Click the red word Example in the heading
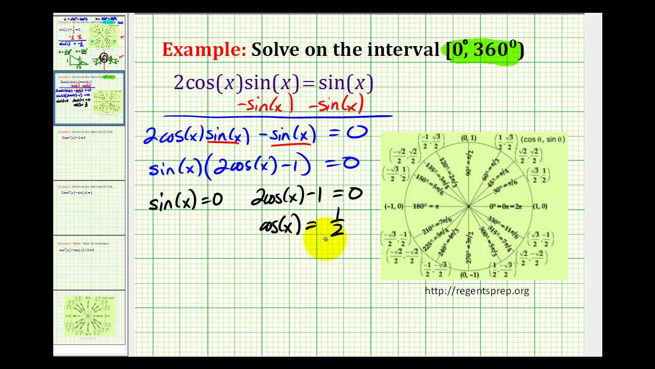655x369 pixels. (x=203, y=50)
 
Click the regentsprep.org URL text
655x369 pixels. (x=477, y=291)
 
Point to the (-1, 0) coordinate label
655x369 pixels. (x=394, y=207)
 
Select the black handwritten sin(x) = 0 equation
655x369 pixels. (x=185, y=200)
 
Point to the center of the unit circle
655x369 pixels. (x=469, y=207)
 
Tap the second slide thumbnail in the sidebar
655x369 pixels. (x=89, y=98)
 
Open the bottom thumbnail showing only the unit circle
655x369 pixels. (x=89, y=317)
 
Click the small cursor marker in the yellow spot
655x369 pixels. (x=325, y=239)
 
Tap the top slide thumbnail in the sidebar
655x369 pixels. (x=89, y=43)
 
